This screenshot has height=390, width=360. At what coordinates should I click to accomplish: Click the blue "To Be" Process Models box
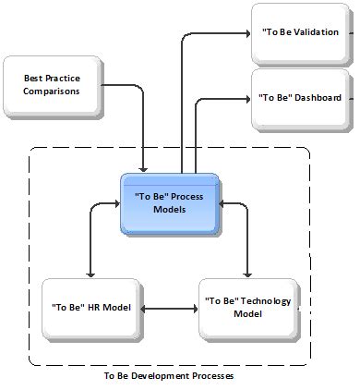[x=171, y=202]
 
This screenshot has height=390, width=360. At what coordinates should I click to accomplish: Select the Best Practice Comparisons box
[x=52, y=85]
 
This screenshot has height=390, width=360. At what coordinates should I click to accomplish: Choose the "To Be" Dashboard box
[x=300, y=97]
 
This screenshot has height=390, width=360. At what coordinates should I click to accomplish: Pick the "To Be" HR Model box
[x=90, y=306]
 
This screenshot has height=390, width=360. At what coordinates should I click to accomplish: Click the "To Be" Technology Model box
[x=247, y=307]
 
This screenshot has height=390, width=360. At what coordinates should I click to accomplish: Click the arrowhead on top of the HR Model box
[x=90, y=274]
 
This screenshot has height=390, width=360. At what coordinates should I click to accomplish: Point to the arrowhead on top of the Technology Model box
[x=246, y=274]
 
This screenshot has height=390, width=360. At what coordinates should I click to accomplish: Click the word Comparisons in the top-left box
[x=52, y=91]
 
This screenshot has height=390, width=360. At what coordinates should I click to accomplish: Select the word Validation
[x=314, y=30]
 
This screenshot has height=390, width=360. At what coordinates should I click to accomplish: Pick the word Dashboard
[x=319, y=97]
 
